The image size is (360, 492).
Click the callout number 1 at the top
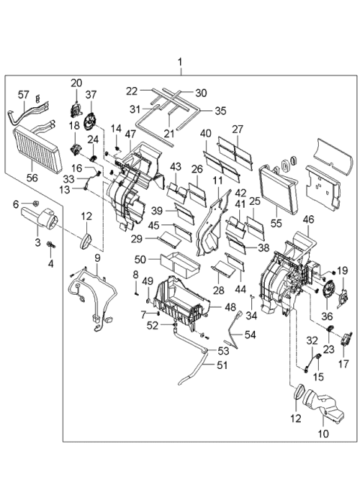180,62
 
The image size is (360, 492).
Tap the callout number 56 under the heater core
32,177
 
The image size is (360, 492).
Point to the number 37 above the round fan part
91,94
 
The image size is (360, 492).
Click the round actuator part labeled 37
90,122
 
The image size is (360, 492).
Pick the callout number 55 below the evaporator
277,223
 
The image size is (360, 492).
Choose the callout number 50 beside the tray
140,259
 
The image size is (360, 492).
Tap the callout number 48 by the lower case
231,307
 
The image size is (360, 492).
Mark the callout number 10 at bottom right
323,433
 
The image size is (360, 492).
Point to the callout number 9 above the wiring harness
97,258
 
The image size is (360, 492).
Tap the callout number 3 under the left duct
37,242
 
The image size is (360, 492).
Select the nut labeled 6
35,203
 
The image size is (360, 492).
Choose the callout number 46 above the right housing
308,220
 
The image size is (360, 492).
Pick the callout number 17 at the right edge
343,364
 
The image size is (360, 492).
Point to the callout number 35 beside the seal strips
220,111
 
